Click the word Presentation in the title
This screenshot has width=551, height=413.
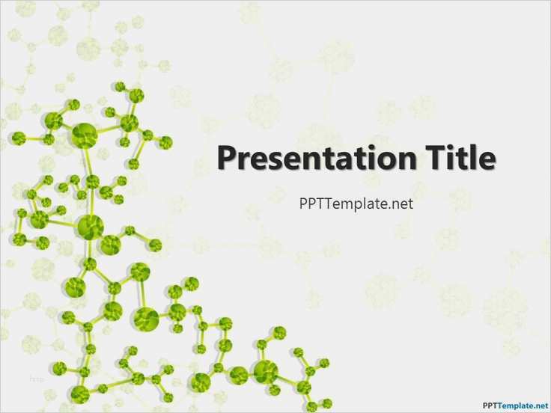pyautogui.click(x=317, y=159)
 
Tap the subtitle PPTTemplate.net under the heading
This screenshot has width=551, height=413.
pyautogui.click(x=356, y=204)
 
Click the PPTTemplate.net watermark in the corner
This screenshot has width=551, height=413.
pyautogui.click(x=516, y=406)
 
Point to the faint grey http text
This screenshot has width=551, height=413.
pyautogui.click(x=36, y=379)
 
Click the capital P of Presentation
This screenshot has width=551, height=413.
pyautogui.click(x=227, y=158)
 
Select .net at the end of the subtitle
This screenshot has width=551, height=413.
pyautogui.click(x=400, y=204)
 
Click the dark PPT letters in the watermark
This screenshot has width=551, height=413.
pyautogui.click(x=490, y=406)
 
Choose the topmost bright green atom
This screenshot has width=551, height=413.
pyautogui.click(x=120, y=86)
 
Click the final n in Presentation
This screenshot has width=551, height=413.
pyautogui.click(x=407, y=161)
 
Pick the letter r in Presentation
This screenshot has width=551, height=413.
pyautogui.click(x=243, y=161)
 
